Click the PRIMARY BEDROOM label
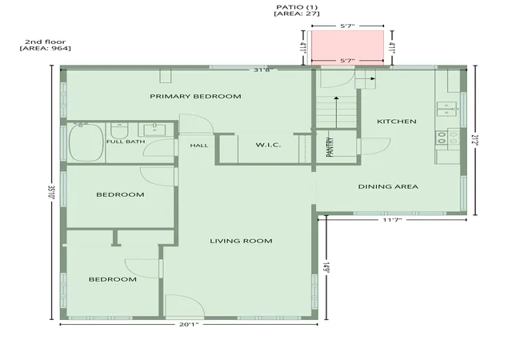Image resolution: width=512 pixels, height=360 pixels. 195,96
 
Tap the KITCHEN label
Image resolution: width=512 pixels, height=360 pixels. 397,122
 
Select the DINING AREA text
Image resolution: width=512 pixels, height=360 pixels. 388,186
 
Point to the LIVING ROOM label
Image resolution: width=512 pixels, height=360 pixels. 241,241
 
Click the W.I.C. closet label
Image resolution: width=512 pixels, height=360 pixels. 268,145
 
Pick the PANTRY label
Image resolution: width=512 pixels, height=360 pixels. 330,147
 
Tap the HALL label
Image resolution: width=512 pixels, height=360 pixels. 199,146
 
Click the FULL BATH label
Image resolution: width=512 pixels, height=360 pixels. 126,142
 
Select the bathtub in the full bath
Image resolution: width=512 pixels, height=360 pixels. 86,142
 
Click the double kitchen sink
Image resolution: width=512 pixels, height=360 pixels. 446,109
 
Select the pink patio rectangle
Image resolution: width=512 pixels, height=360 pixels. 347,48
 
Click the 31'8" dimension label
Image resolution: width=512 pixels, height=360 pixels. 263,70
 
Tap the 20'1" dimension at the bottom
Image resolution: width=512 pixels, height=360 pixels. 189,324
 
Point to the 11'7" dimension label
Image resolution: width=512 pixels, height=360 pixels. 392,220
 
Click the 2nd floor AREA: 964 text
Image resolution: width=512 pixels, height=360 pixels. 46,45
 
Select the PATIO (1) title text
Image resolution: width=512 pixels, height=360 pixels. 297,7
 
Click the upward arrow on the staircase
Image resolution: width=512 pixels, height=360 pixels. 336,112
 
